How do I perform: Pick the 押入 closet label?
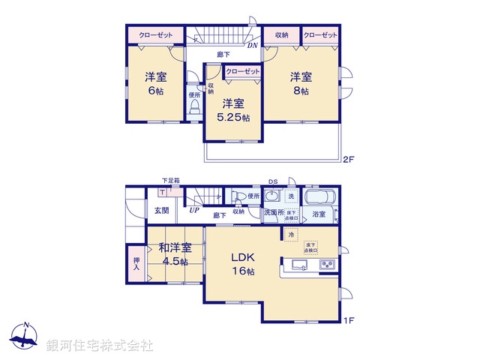pos(136,262)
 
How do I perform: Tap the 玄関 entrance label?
pos(162,211)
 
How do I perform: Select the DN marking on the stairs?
pos(253,45)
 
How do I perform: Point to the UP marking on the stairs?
pos(193,210)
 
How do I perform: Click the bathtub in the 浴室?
pos(322,199)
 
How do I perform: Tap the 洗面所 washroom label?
pos(273,214)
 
